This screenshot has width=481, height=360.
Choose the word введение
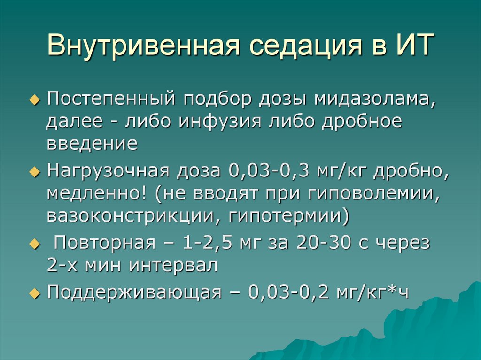pos(92,143)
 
